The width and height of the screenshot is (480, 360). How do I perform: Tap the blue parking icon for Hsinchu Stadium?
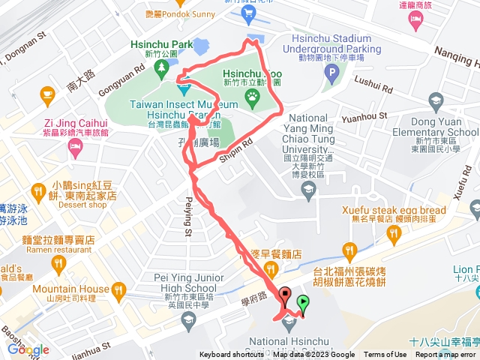(x=331, y=73)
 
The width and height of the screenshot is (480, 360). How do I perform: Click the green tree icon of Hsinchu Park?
(x=161, y=70)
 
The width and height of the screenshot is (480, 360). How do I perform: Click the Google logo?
(x=28, y=349)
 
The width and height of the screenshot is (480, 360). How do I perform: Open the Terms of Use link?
(x=385, y=355)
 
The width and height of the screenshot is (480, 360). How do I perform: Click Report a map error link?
(x=445, y=355)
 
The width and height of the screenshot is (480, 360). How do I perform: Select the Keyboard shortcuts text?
(x=231, y=355)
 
